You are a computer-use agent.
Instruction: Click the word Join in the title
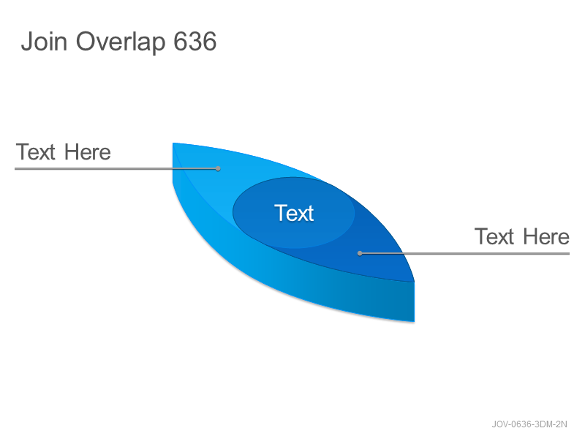(x=44, y=41)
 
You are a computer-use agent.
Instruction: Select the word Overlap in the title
(x=121, y=42)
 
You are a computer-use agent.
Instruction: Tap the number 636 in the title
(x=195, y=41)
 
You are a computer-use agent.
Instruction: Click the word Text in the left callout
(x=35, y=152)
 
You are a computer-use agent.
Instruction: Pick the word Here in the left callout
(x=87, y=152)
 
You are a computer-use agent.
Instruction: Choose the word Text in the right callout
(x=494, y=236)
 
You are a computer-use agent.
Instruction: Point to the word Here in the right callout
(x=546, y=236)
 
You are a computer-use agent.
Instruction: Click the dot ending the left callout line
(x=218, y=169)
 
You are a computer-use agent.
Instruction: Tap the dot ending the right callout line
(x=360, y=253)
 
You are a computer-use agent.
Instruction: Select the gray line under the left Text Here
(x=116, y=169)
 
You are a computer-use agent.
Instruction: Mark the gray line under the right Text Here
(x=464, y=253)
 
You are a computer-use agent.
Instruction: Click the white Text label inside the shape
(x=294, y=213)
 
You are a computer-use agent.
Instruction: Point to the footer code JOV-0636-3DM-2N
(x=529, y=424)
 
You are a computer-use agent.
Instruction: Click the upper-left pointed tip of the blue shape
(x=173, y=143)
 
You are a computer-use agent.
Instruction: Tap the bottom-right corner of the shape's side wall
(x=414, y=321)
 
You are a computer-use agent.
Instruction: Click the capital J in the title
(x=26, y=41)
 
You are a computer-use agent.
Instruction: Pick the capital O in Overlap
(x=86, y=41)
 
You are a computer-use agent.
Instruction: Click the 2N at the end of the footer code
(x=562, y=424)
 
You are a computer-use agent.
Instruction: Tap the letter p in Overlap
(x=158, y=45)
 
